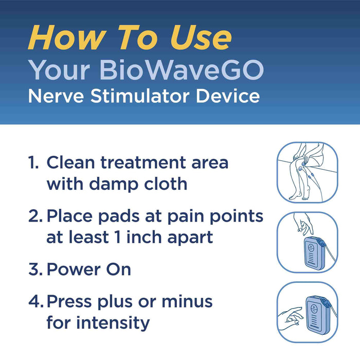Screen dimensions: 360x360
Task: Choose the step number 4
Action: point(35,302)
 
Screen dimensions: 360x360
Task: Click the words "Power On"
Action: point(88,269)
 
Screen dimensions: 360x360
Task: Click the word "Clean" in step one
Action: point(74,163)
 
